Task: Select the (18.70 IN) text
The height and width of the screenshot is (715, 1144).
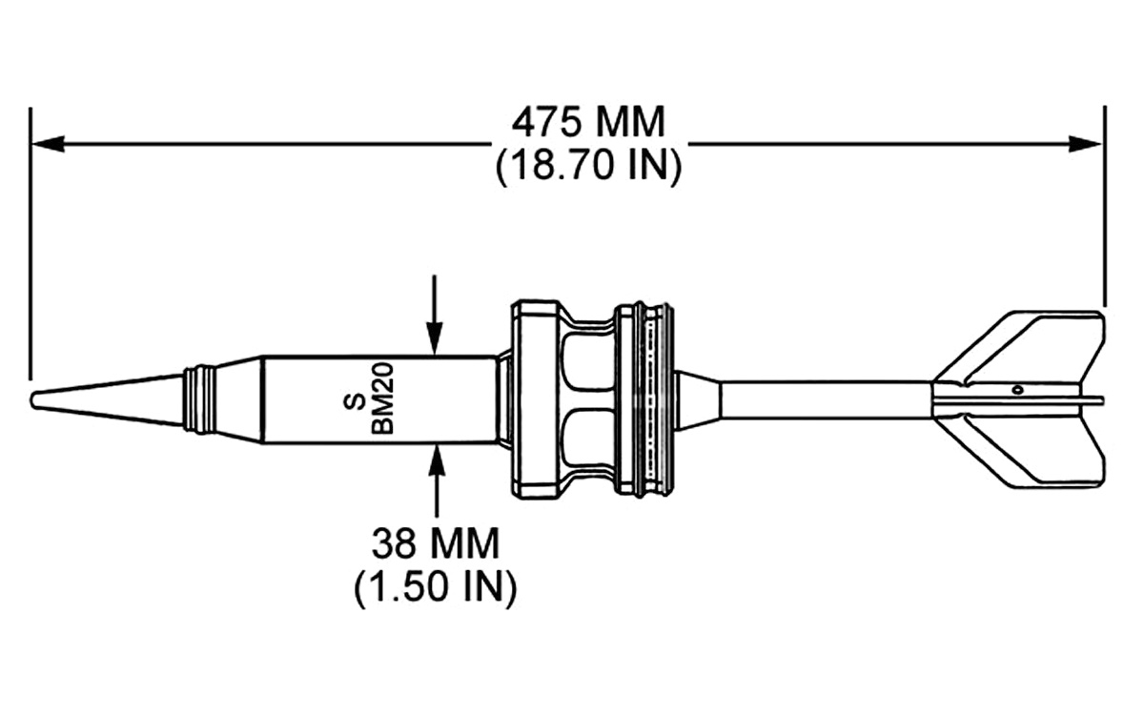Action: [588, 165]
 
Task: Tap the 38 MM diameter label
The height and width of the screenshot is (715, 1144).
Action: [435, 544]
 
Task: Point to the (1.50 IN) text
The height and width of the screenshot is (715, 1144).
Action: [435, 587]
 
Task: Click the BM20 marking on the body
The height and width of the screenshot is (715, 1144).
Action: [383, 398]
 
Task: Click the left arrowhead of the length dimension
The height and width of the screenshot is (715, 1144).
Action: [47, 144]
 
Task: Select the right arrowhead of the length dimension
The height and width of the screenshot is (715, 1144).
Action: [1085, 144]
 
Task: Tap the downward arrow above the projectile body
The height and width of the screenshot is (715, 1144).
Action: [434, 314]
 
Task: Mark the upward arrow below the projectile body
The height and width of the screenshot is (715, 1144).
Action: [436, 481]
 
